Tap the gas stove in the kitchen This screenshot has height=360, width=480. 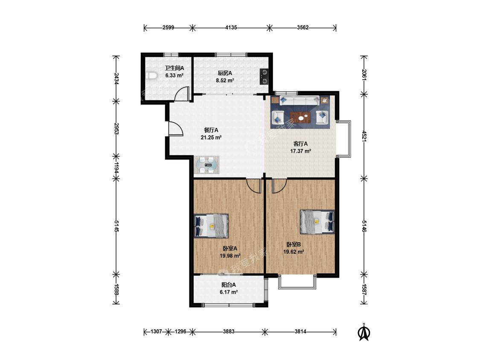click(x=264, y=76)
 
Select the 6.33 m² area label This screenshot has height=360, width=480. click(x=174, y=75)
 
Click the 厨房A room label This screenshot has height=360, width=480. click(x=225, y=73)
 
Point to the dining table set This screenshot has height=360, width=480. click(x=207, y=165)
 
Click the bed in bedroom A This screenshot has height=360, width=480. click(x=212, y=226)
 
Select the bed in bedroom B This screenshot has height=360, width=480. click(x=317, y=222)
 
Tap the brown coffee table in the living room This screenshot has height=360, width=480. click(x=300, y=117)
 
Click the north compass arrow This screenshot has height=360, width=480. click(x=364, y=332)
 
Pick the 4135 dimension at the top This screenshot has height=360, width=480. click(x=231, y=28)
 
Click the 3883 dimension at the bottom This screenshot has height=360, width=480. click(x=229, y=331)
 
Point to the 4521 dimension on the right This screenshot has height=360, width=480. click(x=364, y=136)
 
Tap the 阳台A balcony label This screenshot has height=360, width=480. click(x=229, y=285)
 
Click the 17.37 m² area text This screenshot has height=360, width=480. click(x=301, y=151)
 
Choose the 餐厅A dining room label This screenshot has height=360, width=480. click(x=211, y=130)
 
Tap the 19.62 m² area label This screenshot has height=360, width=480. click(x=294, y=252)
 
